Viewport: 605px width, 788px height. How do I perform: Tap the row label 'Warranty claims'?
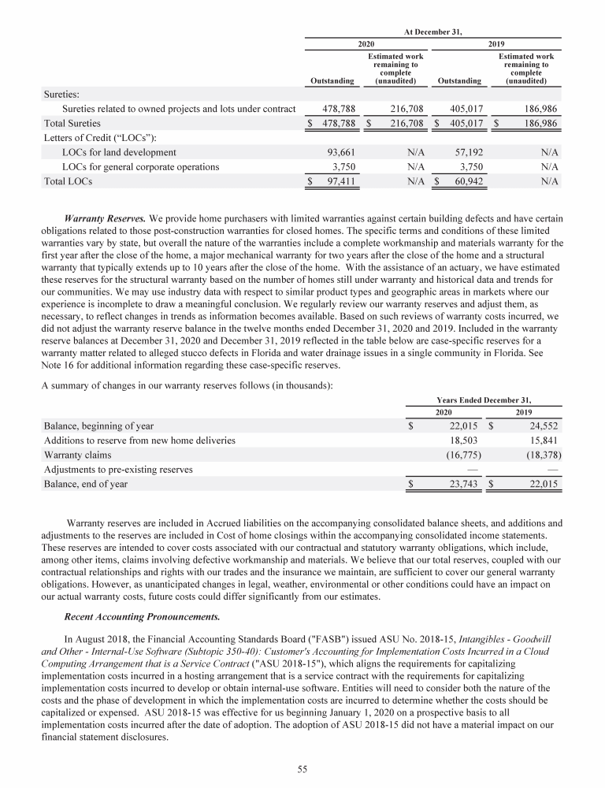pos(78,455)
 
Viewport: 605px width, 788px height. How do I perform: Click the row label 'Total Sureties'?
pos(75,123)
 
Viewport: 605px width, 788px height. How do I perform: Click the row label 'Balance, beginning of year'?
pos(98,426)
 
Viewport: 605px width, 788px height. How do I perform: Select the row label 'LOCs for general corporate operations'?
pos(140,167)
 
